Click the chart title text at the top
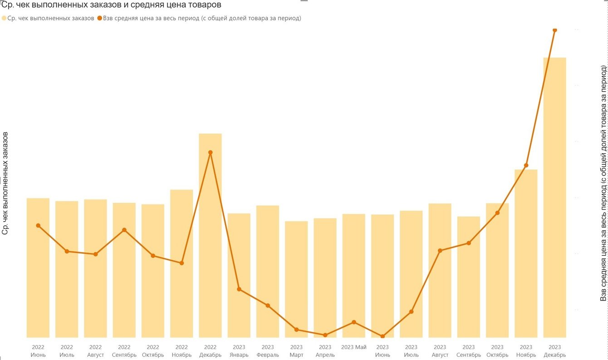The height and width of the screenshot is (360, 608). (x=111, y=5)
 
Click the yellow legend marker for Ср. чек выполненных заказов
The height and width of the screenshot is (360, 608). (x=4, y=18)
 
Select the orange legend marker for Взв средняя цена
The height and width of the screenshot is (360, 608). (x=99, y=18)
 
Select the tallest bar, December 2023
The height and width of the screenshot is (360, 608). (x=554, y=199)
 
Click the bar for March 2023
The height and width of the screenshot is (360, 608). (x=296, y=281)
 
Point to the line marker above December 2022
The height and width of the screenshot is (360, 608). (x=210, y=152)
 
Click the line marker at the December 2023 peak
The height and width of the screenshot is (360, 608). (x=554, y=30)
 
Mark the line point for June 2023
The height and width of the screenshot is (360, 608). (x=382, y=336)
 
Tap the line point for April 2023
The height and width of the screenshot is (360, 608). (x=325, y=335)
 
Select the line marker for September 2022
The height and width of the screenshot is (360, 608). (x=124, y=230)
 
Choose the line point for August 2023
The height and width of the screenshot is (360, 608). (x=440, y=250)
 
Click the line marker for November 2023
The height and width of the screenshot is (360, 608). (x=526, y=165)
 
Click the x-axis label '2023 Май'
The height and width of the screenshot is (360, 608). (x=354, y=347)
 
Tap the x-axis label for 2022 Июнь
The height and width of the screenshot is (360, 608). (x=38, y=351)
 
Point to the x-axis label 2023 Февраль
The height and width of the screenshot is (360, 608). (x=268, y=351)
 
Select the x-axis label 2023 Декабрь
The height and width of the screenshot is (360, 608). (x=554, y=351)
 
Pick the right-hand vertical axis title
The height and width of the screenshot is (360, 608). (x=603, y=183)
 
